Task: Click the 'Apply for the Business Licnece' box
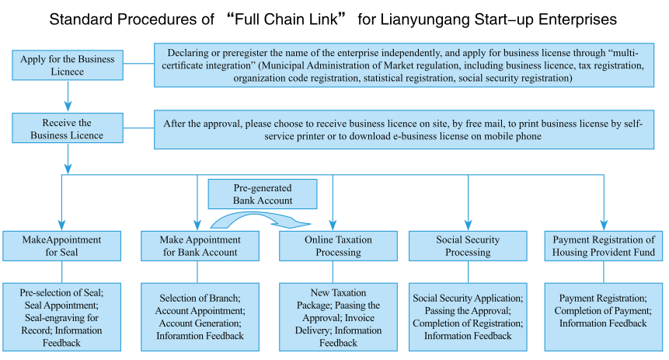pos(68,65)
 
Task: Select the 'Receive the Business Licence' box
pos(68,129)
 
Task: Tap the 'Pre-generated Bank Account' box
pos(263,194)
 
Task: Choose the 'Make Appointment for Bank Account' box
pos(200,246)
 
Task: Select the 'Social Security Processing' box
pos(468,246)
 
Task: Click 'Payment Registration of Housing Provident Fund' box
pos(604,246)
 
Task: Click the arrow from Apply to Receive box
pos(68,96)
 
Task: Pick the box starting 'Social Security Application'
pos(468,316)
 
